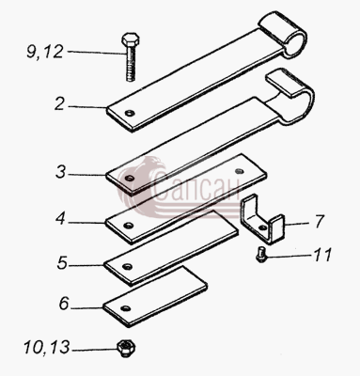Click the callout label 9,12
45,52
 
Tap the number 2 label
60,104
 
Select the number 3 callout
60,172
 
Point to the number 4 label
60,218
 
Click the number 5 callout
62,262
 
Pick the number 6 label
64,304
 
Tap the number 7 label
319,222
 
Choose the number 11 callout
322,255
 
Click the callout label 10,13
46,348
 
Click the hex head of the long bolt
130,39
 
